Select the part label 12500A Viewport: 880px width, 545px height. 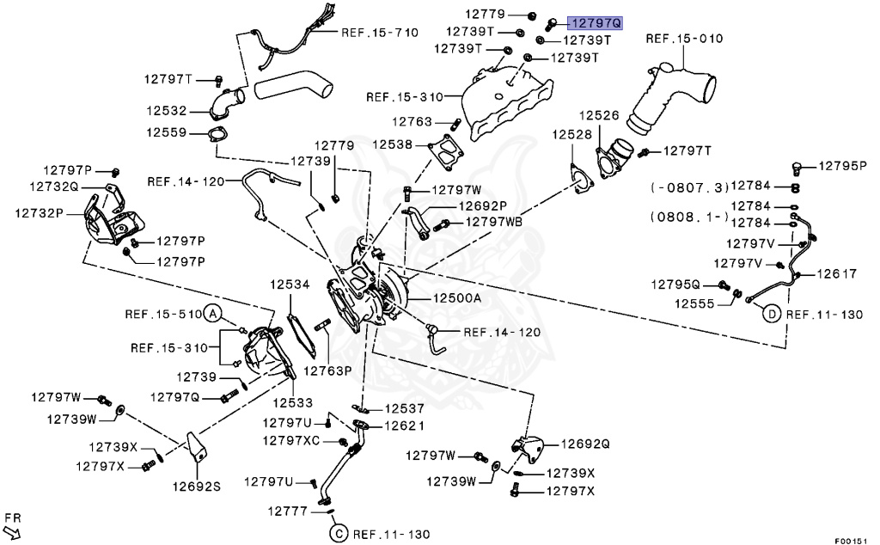tap(456, 297)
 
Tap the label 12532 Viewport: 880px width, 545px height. tap(166, 111)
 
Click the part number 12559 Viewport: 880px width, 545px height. tap(166, 132)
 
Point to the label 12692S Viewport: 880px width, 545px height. tap(195, 486)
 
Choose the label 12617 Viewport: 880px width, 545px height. tap(836, 274)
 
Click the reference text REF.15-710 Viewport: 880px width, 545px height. tap(379, 33)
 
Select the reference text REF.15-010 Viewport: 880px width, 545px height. tap(684, 39)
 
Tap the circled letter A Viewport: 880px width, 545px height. tap(213, 314)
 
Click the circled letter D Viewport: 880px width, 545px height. tap(771, 315)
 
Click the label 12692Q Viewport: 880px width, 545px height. tap(584, 444)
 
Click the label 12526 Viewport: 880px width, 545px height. tap(598, 114)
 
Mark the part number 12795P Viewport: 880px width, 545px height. tap(843, 165)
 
